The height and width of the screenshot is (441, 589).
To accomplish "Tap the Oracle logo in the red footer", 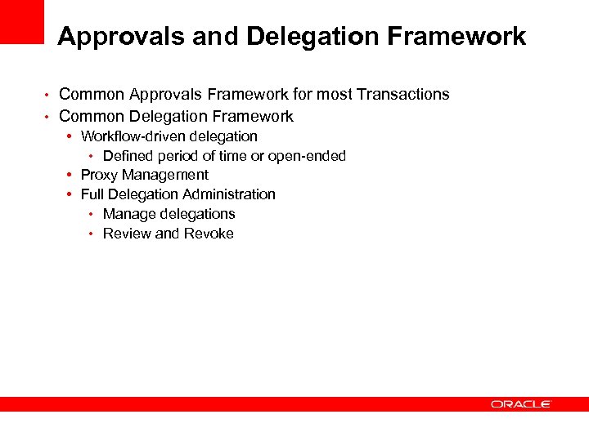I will point(521,404).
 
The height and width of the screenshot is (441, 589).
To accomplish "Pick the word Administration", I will point(229,194).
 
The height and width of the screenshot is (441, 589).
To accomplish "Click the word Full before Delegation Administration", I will point(92,194).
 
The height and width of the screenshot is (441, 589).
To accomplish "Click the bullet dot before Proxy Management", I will point(72,175).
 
